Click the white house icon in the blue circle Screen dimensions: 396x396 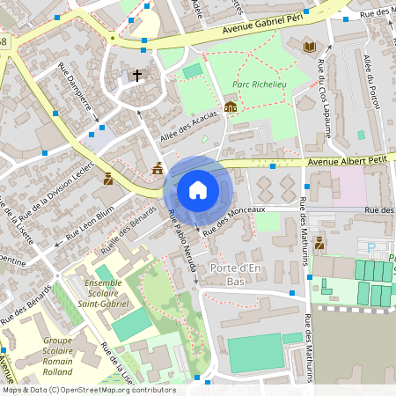pos(198,190)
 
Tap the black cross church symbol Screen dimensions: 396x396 pos(136,76)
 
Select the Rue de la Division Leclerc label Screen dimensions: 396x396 pos(55,189)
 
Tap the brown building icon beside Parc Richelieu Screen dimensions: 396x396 pos(231,107)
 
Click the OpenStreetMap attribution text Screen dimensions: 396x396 pos(88,390)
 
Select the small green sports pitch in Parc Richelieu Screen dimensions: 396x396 pos(192,71)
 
